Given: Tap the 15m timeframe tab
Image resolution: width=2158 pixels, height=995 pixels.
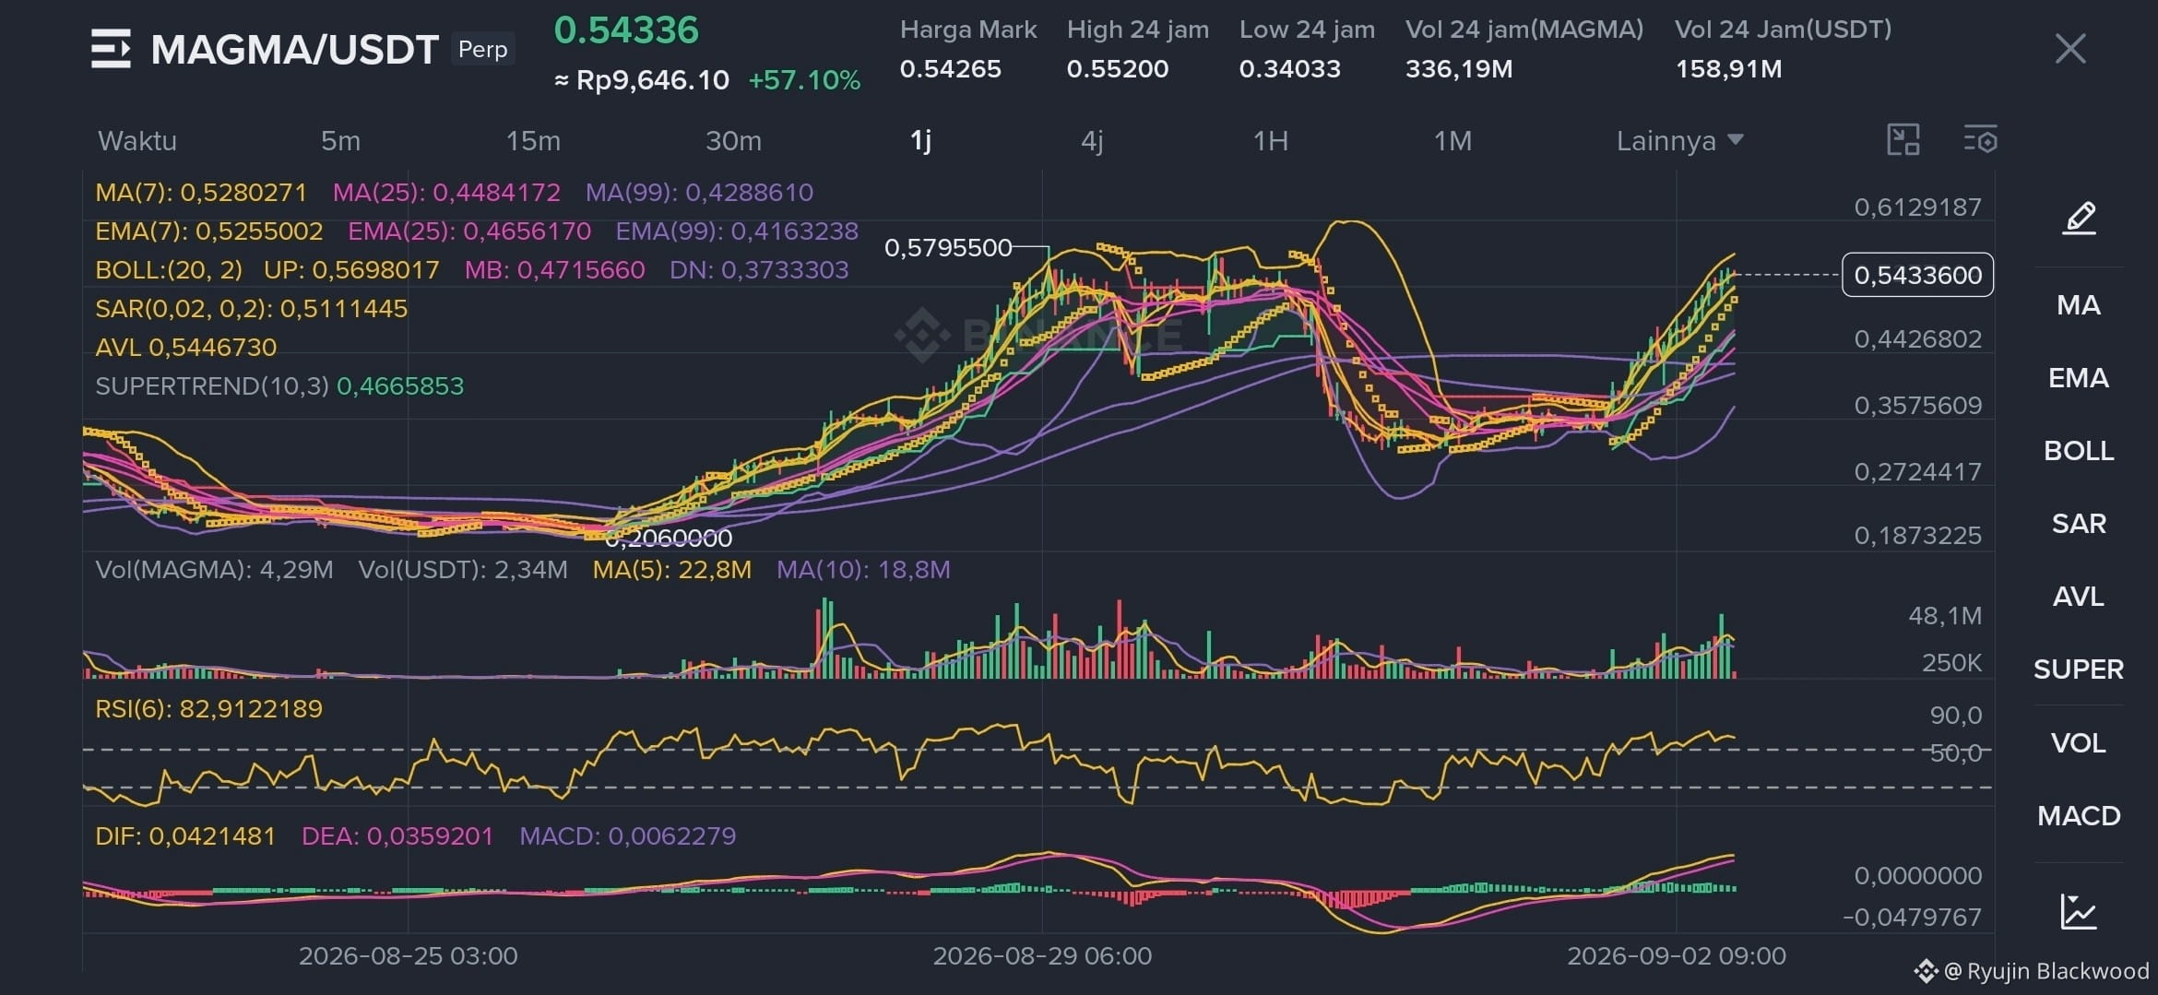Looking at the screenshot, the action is tap(533, 141).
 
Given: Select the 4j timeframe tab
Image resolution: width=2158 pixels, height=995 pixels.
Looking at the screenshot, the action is tap(1092, 141).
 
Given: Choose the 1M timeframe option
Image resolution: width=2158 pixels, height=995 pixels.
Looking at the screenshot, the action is tap(1452, 141).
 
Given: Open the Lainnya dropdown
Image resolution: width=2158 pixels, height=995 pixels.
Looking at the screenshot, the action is tap(1679, 141).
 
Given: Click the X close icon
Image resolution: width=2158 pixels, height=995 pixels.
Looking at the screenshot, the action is tap(2070, 49).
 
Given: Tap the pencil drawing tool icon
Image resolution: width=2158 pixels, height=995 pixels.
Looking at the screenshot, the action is tap(2080, 219).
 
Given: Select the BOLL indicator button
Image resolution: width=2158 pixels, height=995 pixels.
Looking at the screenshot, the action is tap(2079, 451).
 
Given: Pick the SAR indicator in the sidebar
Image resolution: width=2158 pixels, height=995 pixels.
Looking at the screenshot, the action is tap(2079, 524).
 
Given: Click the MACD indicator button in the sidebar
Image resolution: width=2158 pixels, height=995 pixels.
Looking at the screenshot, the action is tap(2079, 816).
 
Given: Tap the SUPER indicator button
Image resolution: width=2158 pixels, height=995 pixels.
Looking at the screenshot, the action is tap(2079, 669).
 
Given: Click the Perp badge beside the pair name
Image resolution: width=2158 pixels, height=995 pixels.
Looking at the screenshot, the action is tap(483, 49).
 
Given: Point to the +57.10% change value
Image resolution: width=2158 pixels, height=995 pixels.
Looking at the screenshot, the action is tap(804, 80).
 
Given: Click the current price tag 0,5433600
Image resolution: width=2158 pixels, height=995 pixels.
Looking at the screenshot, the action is tap(1917, 275).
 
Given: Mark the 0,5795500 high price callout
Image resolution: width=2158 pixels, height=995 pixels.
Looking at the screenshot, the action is tap(948, 248).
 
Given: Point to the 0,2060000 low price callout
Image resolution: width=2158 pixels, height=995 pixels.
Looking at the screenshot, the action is tap(670, 538).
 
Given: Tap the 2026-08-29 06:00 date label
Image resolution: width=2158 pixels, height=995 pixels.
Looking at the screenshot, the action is tap(1042, 956).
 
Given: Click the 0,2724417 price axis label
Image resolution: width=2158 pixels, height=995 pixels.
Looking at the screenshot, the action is tap(1917, 472).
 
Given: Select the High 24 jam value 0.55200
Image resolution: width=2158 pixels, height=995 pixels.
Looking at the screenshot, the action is tap(1118, 69).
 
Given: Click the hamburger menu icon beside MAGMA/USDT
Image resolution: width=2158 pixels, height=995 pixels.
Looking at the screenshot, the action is tap(111, 49).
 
